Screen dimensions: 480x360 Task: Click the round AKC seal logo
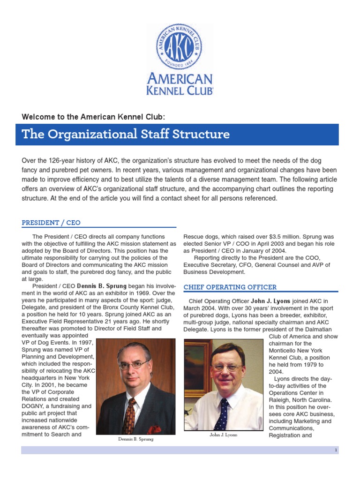(x=180, y=47)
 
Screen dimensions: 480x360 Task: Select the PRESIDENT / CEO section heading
(x=52, y=223)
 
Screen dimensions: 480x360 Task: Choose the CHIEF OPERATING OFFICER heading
(x=230, y=287)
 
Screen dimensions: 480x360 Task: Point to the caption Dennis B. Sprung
(x=135, y=440)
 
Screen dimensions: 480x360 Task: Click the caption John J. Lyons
(x=224, y=435)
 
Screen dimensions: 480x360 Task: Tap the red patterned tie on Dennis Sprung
(x=128, y=415)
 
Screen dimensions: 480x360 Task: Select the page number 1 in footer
(x=336, y=450)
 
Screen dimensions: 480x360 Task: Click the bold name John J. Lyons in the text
(x=270, y=300)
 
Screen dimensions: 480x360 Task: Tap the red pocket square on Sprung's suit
(x=154, y=429)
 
